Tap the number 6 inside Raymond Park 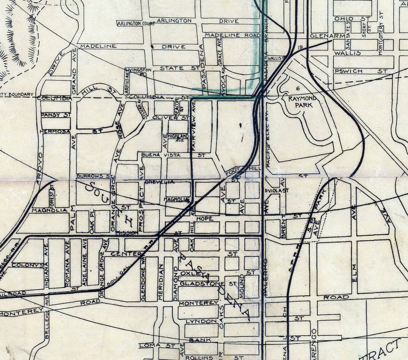(x=298, y=88)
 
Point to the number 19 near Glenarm (x=300, y=47)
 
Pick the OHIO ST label (x=352, y=18)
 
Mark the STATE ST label (x=179, y=68)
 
